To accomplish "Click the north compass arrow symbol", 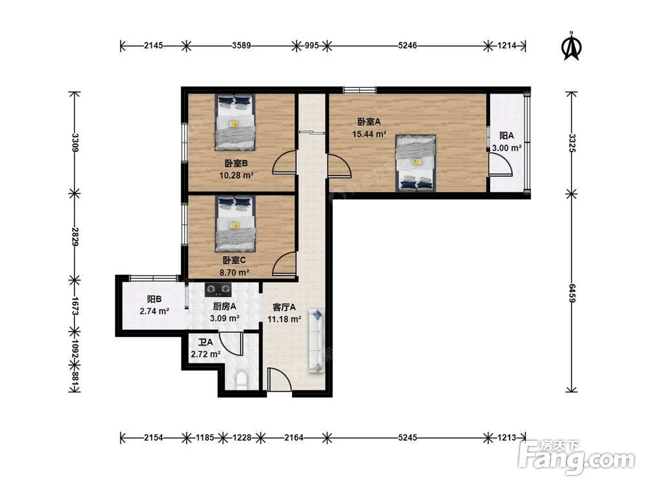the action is [571, 46].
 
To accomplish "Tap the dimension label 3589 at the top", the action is [242, 46].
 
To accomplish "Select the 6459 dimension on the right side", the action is [572, 293].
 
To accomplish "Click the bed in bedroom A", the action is [415, 163].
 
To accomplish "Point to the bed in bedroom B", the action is [234, 122].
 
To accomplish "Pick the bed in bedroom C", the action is [235, 223].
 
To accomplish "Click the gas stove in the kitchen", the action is [218, 289].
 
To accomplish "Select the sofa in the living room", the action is [317, 341].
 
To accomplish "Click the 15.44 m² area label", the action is [369, 134].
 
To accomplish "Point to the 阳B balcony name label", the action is [154, 299].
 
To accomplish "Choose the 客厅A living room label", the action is [284, 307].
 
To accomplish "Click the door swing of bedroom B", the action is [284, 163].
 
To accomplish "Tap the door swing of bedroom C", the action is [284, 264].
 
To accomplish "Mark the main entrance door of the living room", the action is [279, 379].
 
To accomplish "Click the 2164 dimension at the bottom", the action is [294, 438].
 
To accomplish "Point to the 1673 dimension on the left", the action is [74, 306].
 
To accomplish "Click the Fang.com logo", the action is [577, 457].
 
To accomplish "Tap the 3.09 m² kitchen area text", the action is [225, 318].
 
